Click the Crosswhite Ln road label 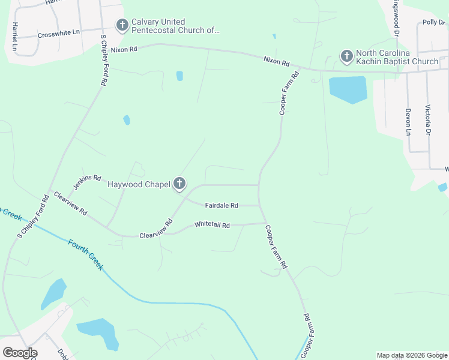point(58,34)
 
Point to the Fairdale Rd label point(221,205)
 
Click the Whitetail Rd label point(212,225)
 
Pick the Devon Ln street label point(408,121)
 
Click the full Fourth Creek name point(85,254)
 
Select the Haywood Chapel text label point(139,184)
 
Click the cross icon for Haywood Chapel point(179,184)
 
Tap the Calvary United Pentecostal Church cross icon point(122,25)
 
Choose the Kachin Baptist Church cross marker point(346,57)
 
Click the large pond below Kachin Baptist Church point(348,89)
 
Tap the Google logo point(20,352)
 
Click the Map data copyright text point(411,355)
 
